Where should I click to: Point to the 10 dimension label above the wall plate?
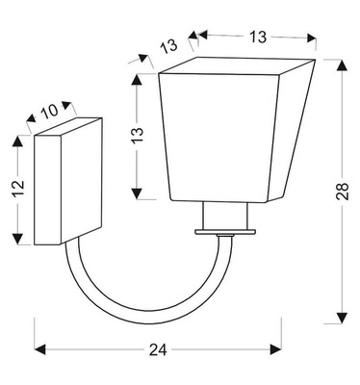[x=53, y=112]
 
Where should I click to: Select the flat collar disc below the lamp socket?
[x=226, y=232]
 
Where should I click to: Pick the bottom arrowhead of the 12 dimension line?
[x=17, y=240]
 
